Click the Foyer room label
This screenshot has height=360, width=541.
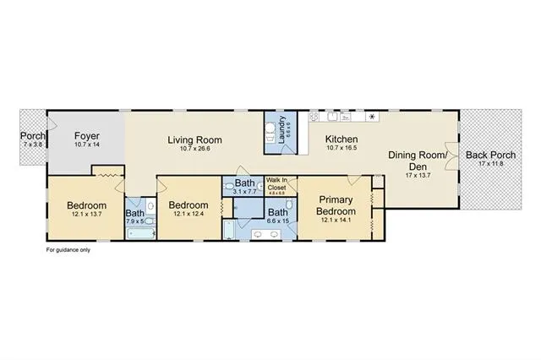point(87,135)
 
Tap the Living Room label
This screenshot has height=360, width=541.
point(194,140)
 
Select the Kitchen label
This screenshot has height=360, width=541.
point(342,140)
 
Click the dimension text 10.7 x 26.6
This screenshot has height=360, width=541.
point(194,150)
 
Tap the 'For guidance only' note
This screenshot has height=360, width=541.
point(67,250)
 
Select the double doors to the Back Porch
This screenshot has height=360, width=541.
point(458,155)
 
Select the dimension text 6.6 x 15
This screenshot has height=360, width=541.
point(277,221)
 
